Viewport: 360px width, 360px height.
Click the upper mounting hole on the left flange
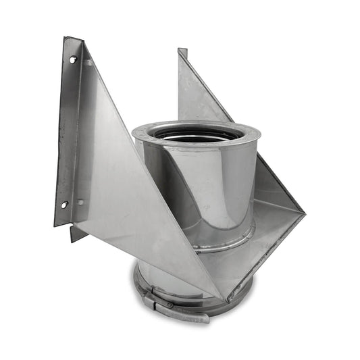click(x=72, y=59)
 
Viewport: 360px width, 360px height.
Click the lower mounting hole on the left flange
click(x=64, y=204)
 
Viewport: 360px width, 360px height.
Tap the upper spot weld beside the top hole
click(x=88, y=62)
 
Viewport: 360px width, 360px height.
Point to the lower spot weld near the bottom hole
click(x=80, y=202)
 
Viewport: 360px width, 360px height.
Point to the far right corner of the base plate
click(x=304, y=215)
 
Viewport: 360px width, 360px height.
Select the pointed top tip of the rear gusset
click(x=182, y=51)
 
